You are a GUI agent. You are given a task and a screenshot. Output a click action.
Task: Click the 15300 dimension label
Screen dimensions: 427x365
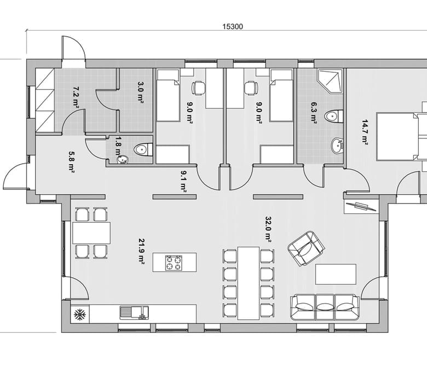coord(233,27)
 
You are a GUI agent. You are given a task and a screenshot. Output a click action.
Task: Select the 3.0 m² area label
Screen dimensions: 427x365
coord(141,92)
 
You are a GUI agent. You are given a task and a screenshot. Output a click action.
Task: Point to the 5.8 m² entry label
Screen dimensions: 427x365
coord(71,163)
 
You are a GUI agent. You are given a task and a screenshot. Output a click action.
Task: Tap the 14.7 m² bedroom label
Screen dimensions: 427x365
coord(365,132)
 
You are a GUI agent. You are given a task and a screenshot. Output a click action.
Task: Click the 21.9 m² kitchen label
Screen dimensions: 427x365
coord(141,252)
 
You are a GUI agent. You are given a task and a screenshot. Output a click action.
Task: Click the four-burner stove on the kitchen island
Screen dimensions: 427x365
coord(174,263)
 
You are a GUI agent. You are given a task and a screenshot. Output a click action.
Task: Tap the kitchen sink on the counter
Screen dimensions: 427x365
coord(134,313)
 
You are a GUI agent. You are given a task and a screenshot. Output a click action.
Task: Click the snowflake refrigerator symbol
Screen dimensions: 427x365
coord(80,314)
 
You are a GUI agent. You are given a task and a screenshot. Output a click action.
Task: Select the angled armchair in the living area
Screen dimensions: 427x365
coord(307,248)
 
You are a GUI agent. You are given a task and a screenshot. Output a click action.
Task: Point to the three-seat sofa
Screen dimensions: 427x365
coord(325,307)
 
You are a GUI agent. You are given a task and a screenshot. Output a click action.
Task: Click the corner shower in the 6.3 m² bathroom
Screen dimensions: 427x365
coord(330,82)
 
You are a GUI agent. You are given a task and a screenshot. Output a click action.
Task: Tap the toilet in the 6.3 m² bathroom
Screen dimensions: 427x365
coord(333,117)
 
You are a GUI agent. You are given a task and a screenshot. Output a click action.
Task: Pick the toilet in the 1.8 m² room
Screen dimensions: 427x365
coord(143,150)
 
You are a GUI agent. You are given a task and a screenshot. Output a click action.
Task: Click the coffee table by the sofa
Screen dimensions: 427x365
coord(336,274)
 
